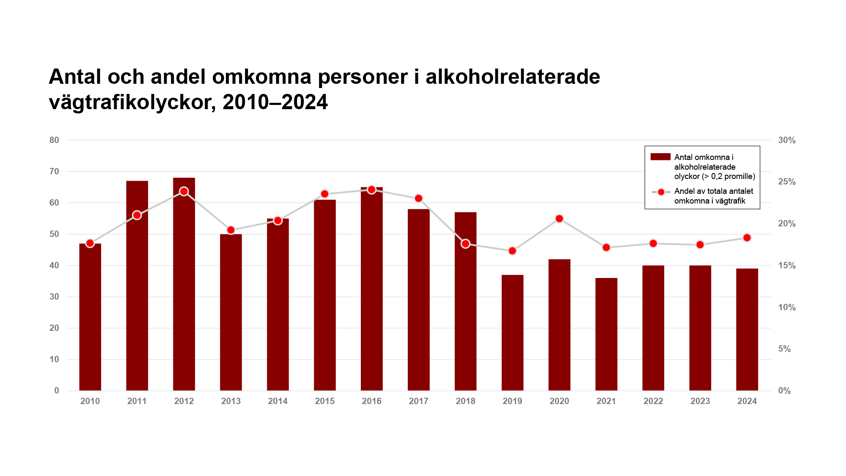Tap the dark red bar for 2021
[x=606, y=334]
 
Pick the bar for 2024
[x=747, y=330]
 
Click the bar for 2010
[x=90, y=317]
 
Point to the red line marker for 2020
[x=559, y=219]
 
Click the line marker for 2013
[x=231, y=230]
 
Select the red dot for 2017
[x=419, y=198]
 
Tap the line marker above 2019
[x=512, y=251]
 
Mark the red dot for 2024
[x=747, y=238]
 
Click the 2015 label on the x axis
[x=324, y=401]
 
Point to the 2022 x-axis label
[x=653, y=401]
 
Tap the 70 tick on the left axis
[x=54, y=171]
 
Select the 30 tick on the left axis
[x=54, y=297]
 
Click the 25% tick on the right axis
[x=787, y=182]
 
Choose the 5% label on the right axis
[x=784, y=349]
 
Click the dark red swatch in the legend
[x=660, y=157]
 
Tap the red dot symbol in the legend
[x=661, y=192]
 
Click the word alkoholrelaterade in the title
[x=513, y=77]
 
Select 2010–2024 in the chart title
[x=275, y=102]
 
